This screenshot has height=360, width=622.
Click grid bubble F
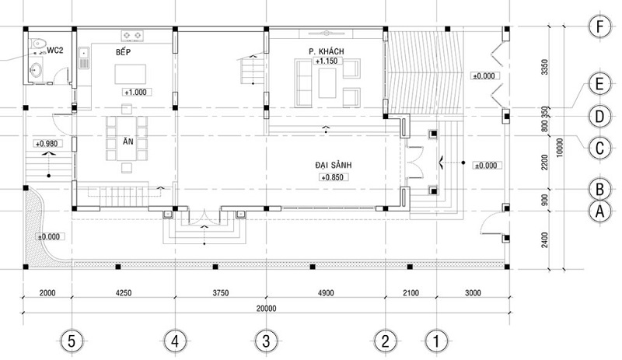coord(599,27)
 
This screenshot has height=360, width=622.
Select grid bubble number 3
coord(266,341)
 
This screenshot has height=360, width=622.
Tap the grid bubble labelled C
coord(599,149)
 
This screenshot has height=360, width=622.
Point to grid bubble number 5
coord(72,341)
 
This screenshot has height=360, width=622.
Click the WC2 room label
coord(54,51)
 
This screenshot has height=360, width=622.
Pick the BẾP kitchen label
coord(123,51)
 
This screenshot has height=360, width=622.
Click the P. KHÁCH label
coord(326,51)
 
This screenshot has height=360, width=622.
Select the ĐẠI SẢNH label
coord(334,165)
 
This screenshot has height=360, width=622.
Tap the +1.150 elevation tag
coord(326,61)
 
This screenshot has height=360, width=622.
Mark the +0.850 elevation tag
coord(333,177)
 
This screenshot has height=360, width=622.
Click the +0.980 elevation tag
coord(46,144)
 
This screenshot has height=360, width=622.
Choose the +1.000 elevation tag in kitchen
coord(135,93)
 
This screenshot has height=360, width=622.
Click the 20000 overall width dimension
coord(266,309)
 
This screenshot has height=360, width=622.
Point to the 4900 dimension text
coord(326,293)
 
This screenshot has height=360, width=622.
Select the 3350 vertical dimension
coord(545,67)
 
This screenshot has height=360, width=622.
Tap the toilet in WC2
coord(38,44)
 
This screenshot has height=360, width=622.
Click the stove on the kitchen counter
coord(132,35)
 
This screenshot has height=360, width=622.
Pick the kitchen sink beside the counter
coord(84,58)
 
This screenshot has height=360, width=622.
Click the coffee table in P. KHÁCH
coord(327,83)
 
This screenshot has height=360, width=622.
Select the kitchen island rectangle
coord(131,74)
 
